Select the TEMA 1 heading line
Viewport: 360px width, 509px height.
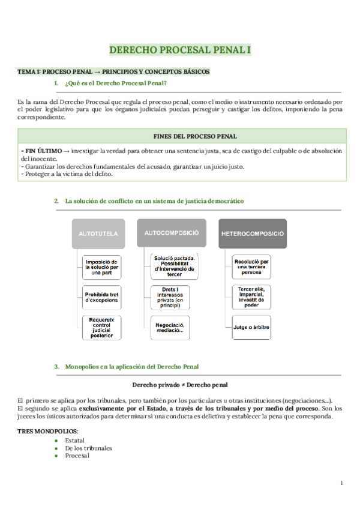pos(113,71)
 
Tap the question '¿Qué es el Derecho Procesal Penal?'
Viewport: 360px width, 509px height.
pos(116,83)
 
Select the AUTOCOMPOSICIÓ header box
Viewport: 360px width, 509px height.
pos(171,232)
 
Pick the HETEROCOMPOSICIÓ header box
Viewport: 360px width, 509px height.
pos(253,232)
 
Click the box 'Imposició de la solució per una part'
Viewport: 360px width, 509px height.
pos(102,267)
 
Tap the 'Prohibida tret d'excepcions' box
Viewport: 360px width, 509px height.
pos(102,297)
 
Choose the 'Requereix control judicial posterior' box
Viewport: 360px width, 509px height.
pos(102,328)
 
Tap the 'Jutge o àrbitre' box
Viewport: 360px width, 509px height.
pos(253,327)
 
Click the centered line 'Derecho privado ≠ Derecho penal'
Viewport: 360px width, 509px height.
pos(179,384)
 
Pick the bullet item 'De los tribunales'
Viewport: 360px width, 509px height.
pos(88,448)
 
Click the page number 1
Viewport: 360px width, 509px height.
pos(341,483)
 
